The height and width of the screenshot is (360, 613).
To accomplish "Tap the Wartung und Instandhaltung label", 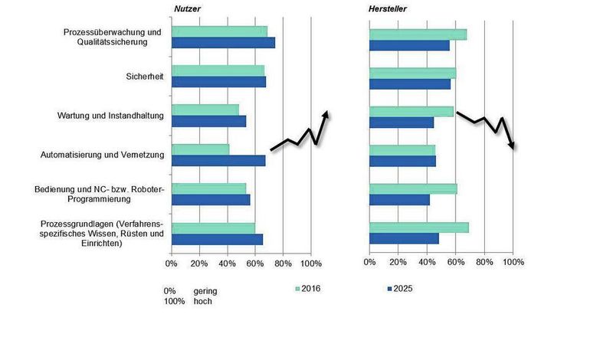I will point(111,116).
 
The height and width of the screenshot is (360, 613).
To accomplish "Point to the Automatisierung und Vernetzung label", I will point(103,155).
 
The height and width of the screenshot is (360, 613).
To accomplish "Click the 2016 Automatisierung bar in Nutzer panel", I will point(200,149).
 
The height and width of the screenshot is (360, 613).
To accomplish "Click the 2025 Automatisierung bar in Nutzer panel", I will point(218,161).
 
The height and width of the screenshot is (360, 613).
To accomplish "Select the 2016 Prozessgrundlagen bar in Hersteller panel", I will point(418,227).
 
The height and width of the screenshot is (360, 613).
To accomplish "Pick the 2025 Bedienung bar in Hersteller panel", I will point(399,200).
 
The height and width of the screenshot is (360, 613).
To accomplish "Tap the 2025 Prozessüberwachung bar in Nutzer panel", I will point(223,43).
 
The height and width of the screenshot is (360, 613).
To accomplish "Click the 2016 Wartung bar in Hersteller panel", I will point(411,111).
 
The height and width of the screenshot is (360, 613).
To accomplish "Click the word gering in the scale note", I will point(205,291).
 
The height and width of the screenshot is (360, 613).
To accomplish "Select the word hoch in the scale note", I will point(202,302).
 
